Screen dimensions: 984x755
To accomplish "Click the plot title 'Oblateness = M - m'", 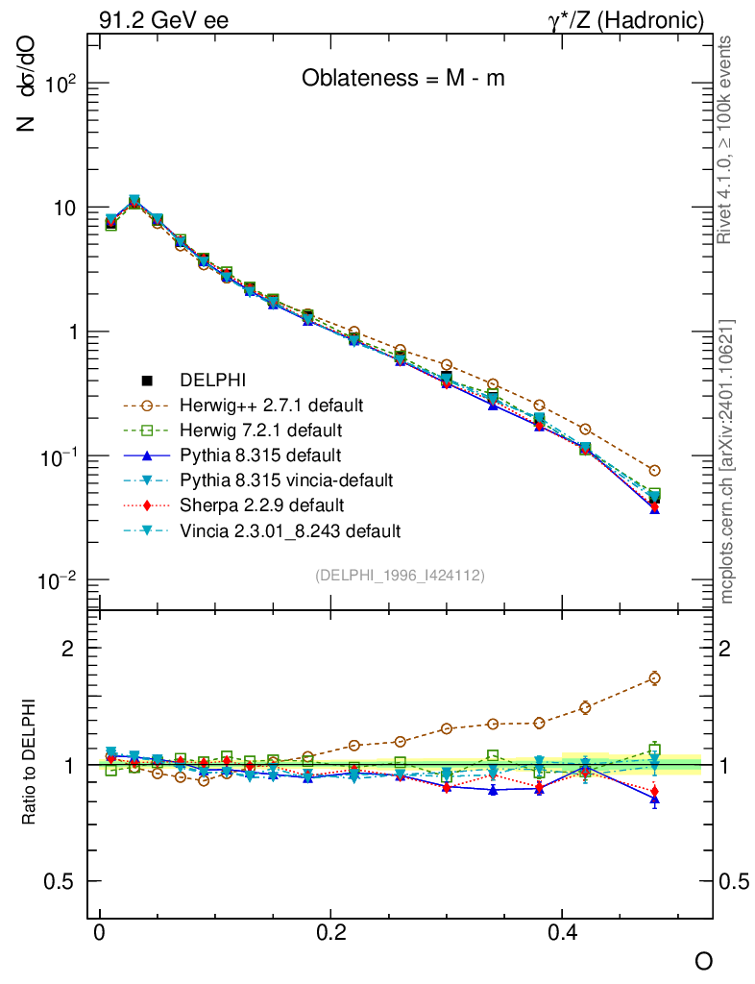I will coord(402,79).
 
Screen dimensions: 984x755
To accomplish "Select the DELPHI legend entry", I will coord(219,380).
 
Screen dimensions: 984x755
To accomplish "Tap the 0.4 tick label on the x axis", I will coord(563,932).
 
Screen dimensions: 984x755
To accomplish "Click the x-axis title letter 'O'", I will coord(704,961).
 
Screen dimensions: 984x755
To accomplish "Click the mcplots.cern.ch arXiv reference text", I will coord(728,461).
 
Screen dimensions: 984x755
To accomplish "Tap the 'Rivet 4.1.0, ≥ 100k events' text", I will coord(728,139).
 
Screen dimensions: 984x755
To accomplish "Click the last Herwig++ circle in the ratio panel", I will coord(654,677).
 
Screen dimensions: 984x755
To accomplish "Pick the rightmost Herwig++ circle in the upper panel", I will coord(654,471).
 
